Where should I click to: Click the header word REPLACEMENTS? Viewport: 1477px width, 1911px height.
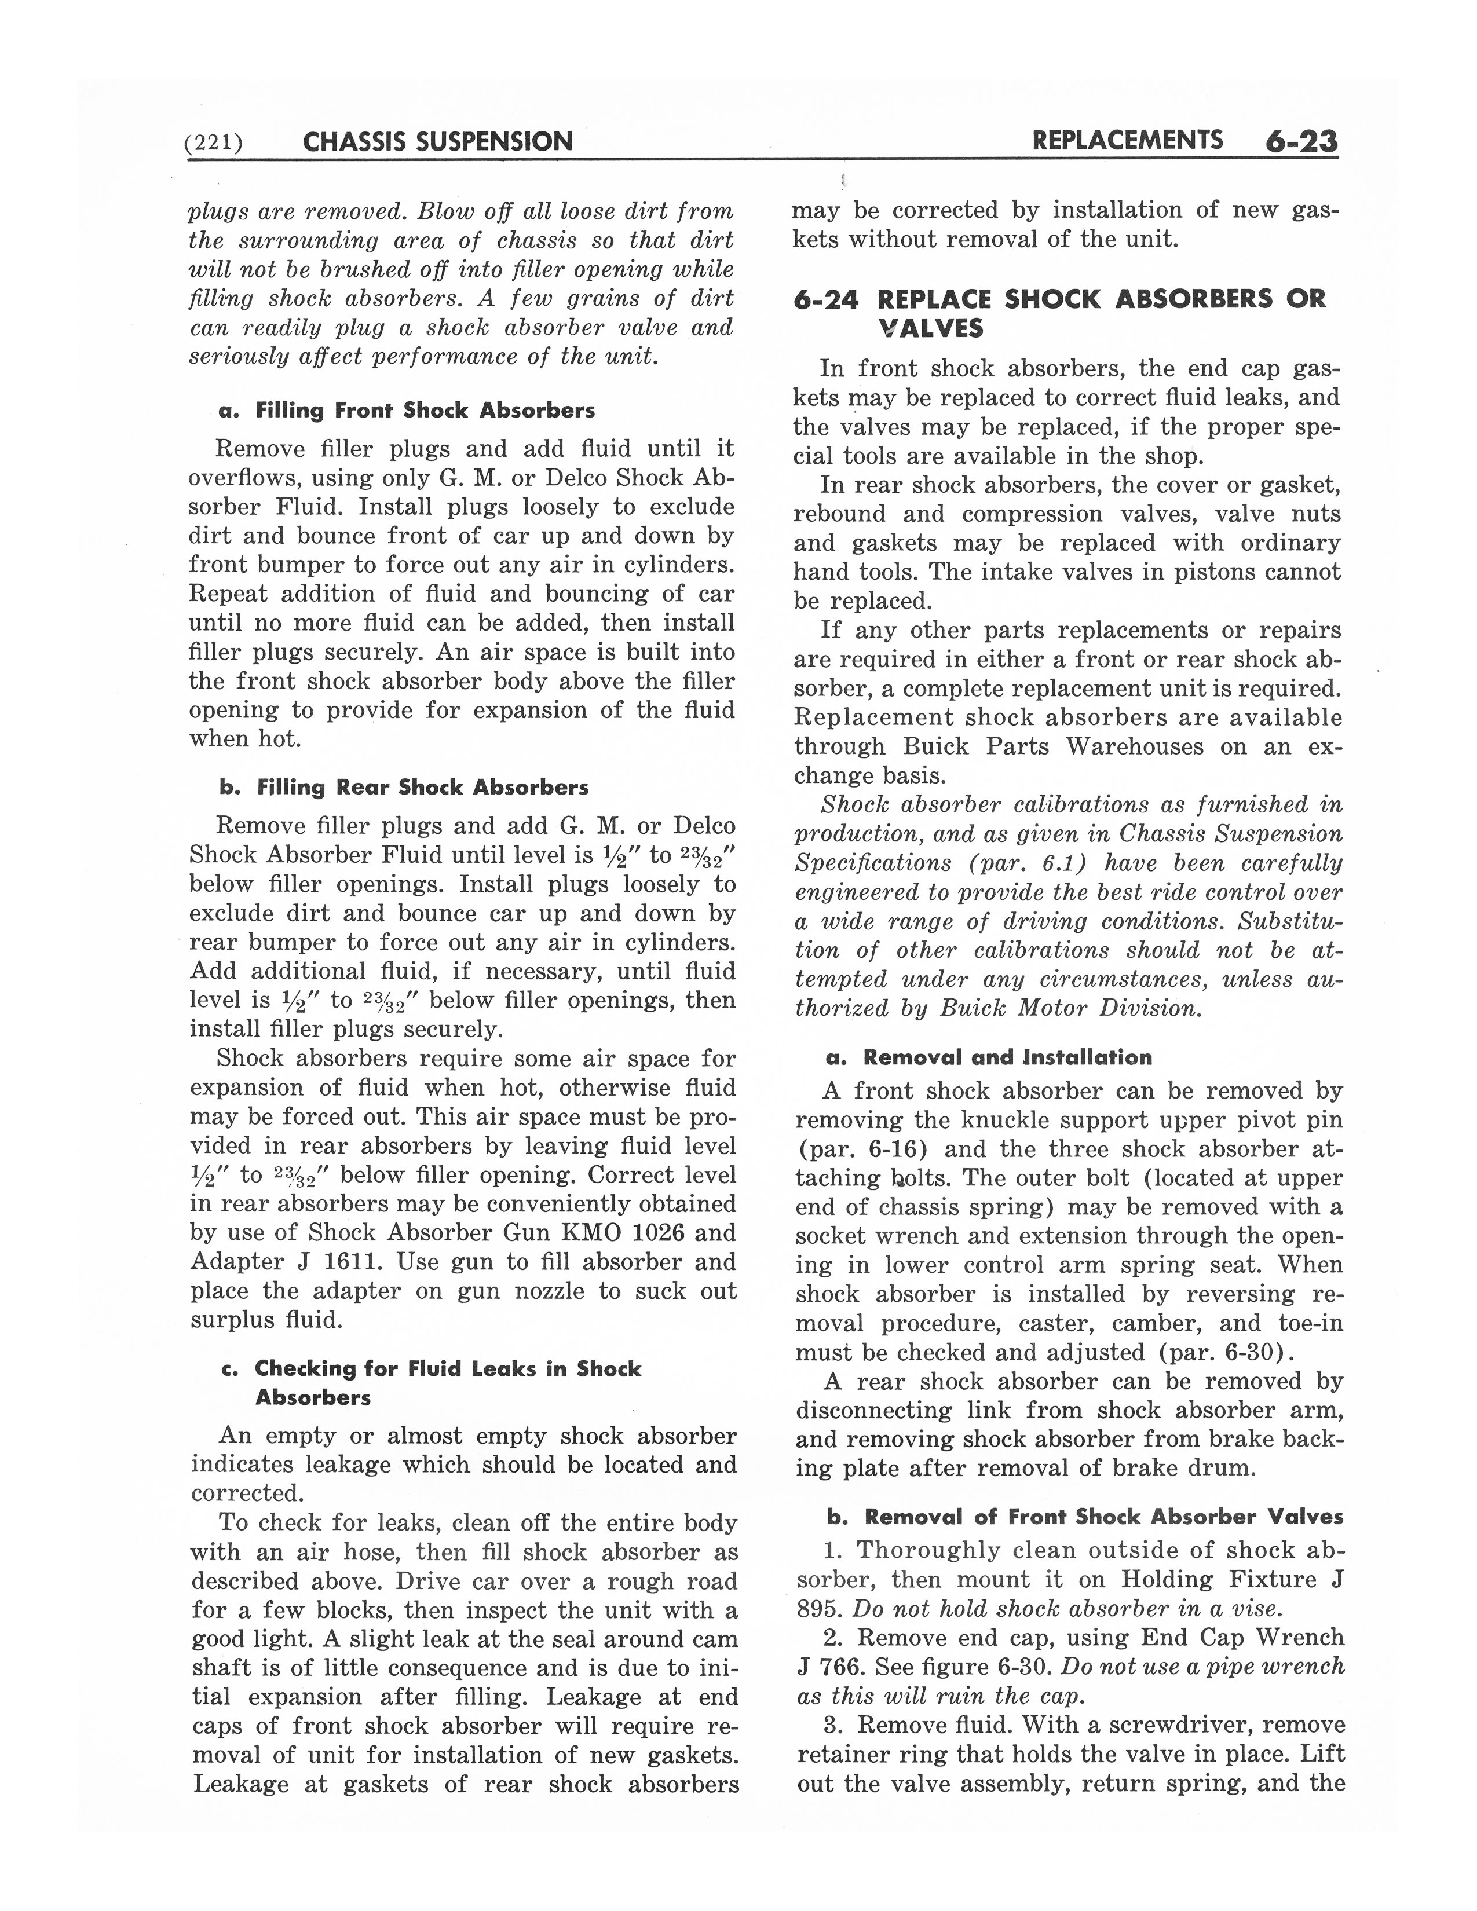1127,140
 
